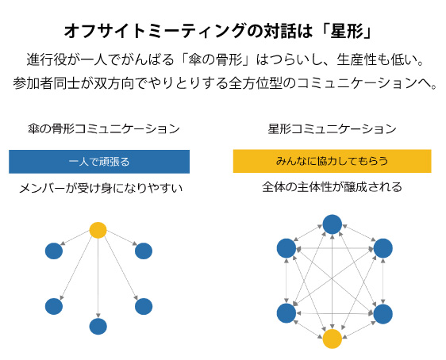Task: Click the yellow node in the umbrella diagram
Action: point(98,230)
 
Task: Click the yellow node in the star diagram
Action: point(333,339)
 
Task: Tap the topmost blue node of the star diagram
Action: point(333,224)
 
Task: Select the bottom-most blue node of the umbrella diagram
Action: point(98,327)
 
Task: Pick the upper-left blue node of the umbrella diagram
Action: point(54,251)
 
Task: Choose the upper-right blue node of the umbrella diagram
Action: point(144,251)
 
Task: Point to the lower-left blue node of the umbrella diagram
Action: point(54,306)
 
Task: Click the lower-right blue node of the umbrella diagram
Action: point(144,306)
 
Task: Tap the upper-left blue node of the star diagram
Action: point(286,248)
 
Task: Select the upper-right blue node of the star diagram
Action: point(383,248)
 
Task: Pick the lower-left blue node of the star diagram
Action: point(286,313)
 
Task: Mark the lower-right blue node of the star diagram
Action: point(383,314)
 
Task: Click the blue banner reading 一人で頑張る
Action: point(99,162)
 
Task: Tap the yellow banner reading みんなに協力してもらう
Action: point(333,161)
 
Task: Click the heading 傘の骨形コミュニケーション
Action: point(104,128)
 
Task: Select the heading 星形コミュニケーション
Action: point(333,128)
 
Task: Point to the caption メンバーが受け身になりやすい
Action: point(101,188)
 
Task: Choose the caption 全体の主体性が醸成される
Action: point(333,187)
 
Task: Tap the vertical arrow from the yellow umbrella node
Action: point(98,278)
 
